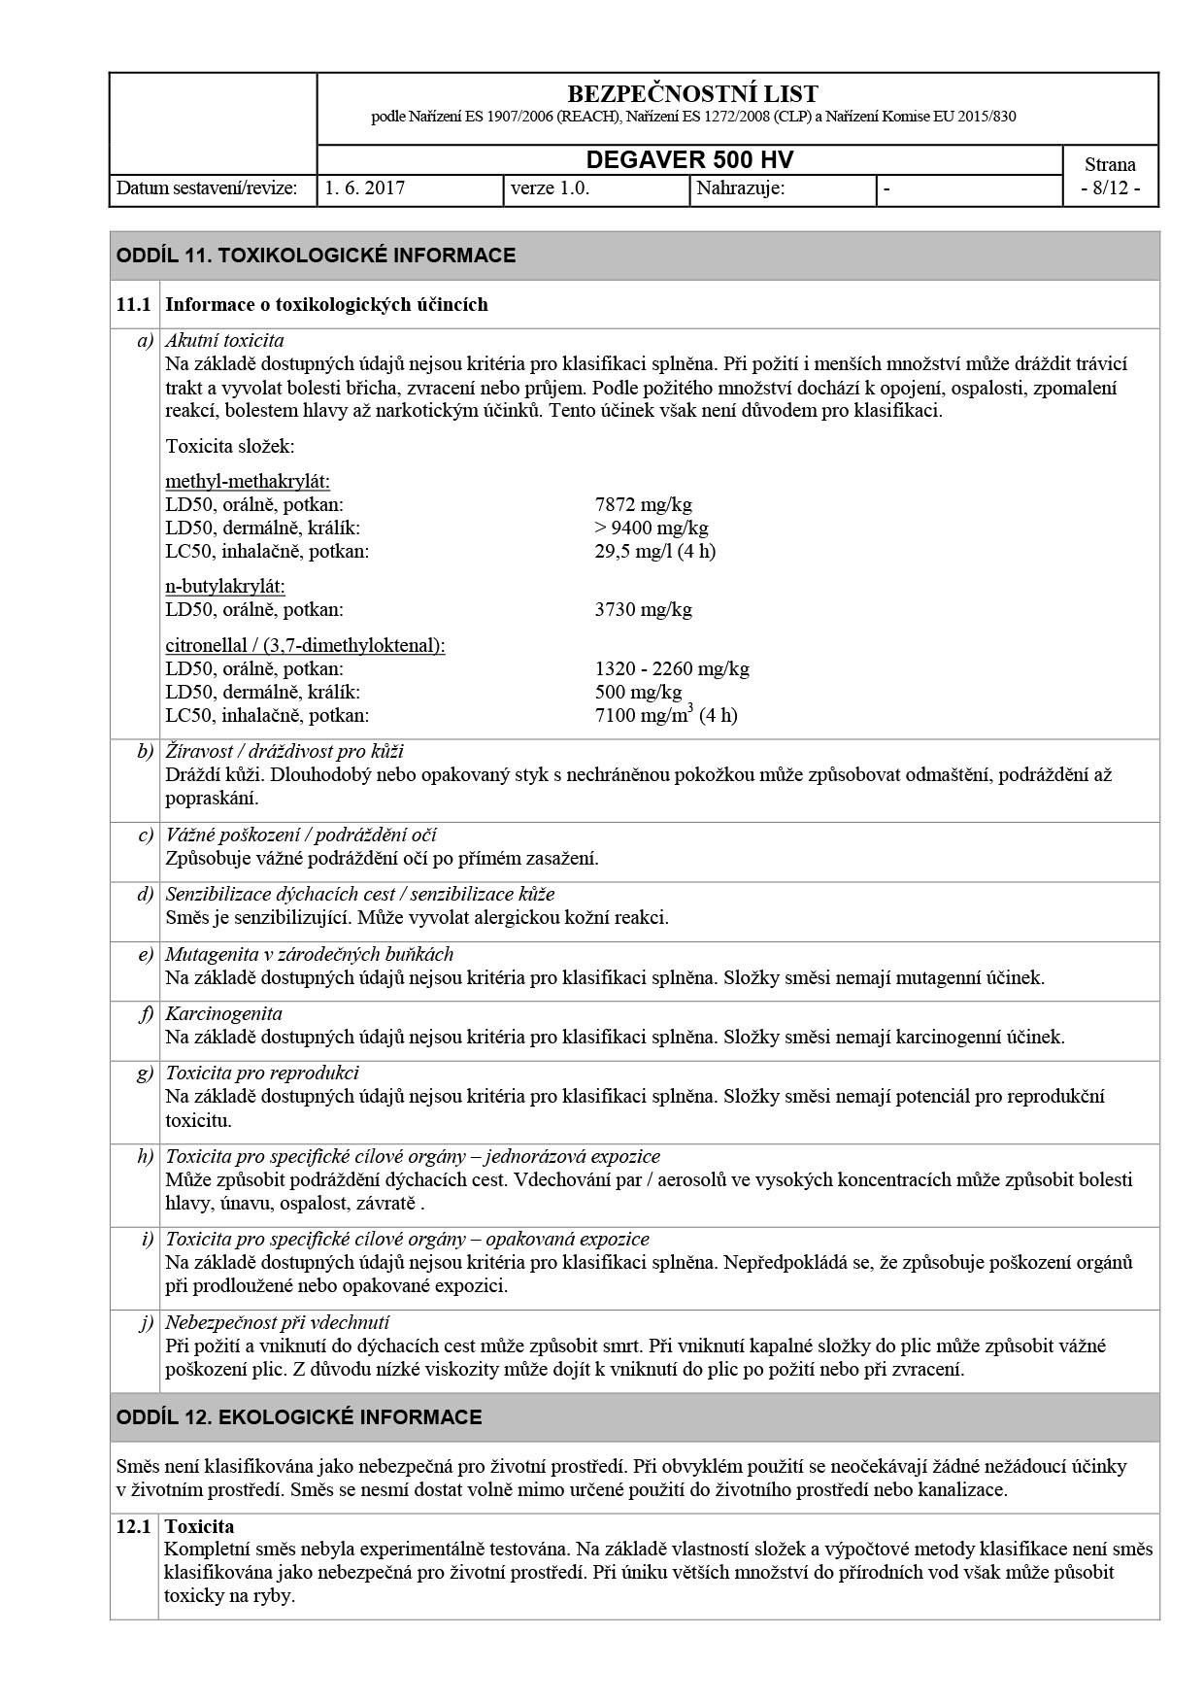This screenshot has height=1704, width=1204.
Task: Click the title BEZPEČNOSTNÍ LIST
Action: point(691,94)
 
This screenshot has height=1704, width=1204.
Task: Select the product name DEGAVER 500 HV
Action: point(689,160)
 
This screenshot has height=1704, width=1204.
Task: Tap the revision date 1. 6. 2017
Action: point(365,188)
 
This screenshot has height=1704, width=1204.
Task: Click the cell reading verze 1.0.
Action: point(550,188)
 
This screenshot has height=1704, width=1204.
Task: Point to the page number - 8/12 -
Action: point(1110,188)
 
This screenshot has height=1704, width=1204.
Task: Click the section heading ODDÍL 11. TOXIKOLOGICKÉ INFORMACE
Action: point(316,256)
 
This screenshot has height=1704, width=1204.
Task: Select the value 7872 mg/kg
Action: point(643,504)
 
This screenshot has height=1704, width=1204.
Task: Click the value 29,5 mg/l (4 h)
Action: point(654,551)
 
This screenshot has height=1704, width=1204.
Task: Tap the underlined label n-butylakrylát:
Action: point(225,587)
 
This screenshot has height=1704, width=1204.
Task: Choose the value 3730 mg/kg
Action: point(643,610)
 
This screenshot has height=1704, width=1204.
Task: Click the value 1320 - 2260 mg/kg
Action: point(672,668)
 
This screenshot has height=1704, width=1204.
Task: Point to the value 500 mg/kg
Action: point(638,692)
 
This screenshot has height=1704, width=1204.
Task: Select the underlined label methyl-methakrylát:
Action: point(248,481)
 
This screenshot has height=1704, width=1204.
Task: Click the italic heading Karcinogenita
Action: point(223,1013)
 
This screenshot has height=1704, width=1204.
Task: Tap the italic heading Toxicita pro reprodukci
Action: point(262,1073)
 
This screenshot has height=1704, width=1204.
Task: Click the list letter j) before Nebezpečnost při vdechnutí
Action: point(147,1322)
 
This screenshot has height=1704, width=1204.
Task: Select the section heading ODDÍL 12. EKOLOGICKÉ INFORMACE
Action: point(299,1417)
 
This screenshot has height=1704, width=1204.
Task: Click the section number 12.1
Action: point(133,1526)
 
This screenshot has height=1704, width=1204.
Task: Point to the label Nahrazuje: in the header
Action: point(741,188)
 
